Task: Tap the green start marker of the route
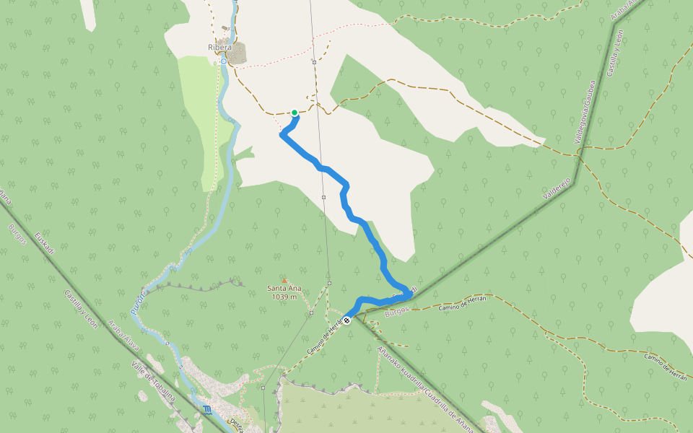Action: point(295,113)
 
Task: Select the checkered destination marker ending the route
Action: point(347,320)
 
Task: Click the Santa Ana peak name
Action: point(284,288)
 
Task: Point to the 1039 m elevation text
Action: point(284,297)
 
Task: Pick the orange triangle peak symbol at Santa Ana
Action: point(284,281)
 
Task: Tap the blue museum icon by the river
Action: point(208,411)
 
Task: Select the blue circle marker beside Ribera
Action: point(224,62)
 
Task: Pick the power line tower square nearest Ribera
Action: point(315,62)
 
